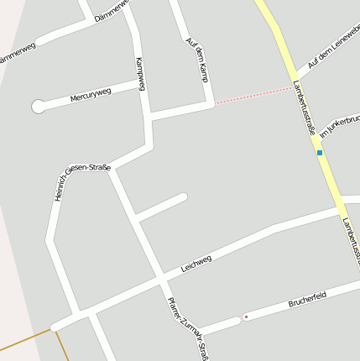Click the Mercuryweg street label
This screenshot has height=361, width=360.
(x=91, y=96)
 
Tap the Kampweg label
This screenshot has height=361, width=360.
(x=141, y=74)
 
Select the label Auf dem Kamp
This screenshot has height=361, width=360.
(x=196, y=60)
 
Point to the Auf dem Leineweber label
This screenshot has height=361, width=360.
(x=333, y=47)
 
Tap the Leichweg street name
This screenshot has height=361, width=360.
(x=196, y=265)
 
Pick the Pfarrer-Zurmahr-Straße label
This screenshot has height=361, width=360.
(x=186, y=327)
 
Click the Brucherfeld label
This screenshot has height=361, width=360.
(x=306, y=296)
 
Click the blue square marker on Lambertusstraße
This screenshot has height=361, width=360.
(x=319, y=153)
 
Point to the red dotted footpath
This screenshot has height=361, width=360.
(x=253, y=95)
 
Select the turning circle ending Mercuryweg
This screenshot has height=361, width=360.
(x=38, y=107)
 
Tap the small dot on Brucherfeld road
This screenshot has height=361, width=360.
(x=246, y=317)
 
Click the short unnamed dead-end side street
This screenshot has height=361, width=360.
(x=161, y=207)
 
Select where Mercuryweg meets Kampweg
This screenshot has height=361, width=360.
(x=144, y=86)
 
